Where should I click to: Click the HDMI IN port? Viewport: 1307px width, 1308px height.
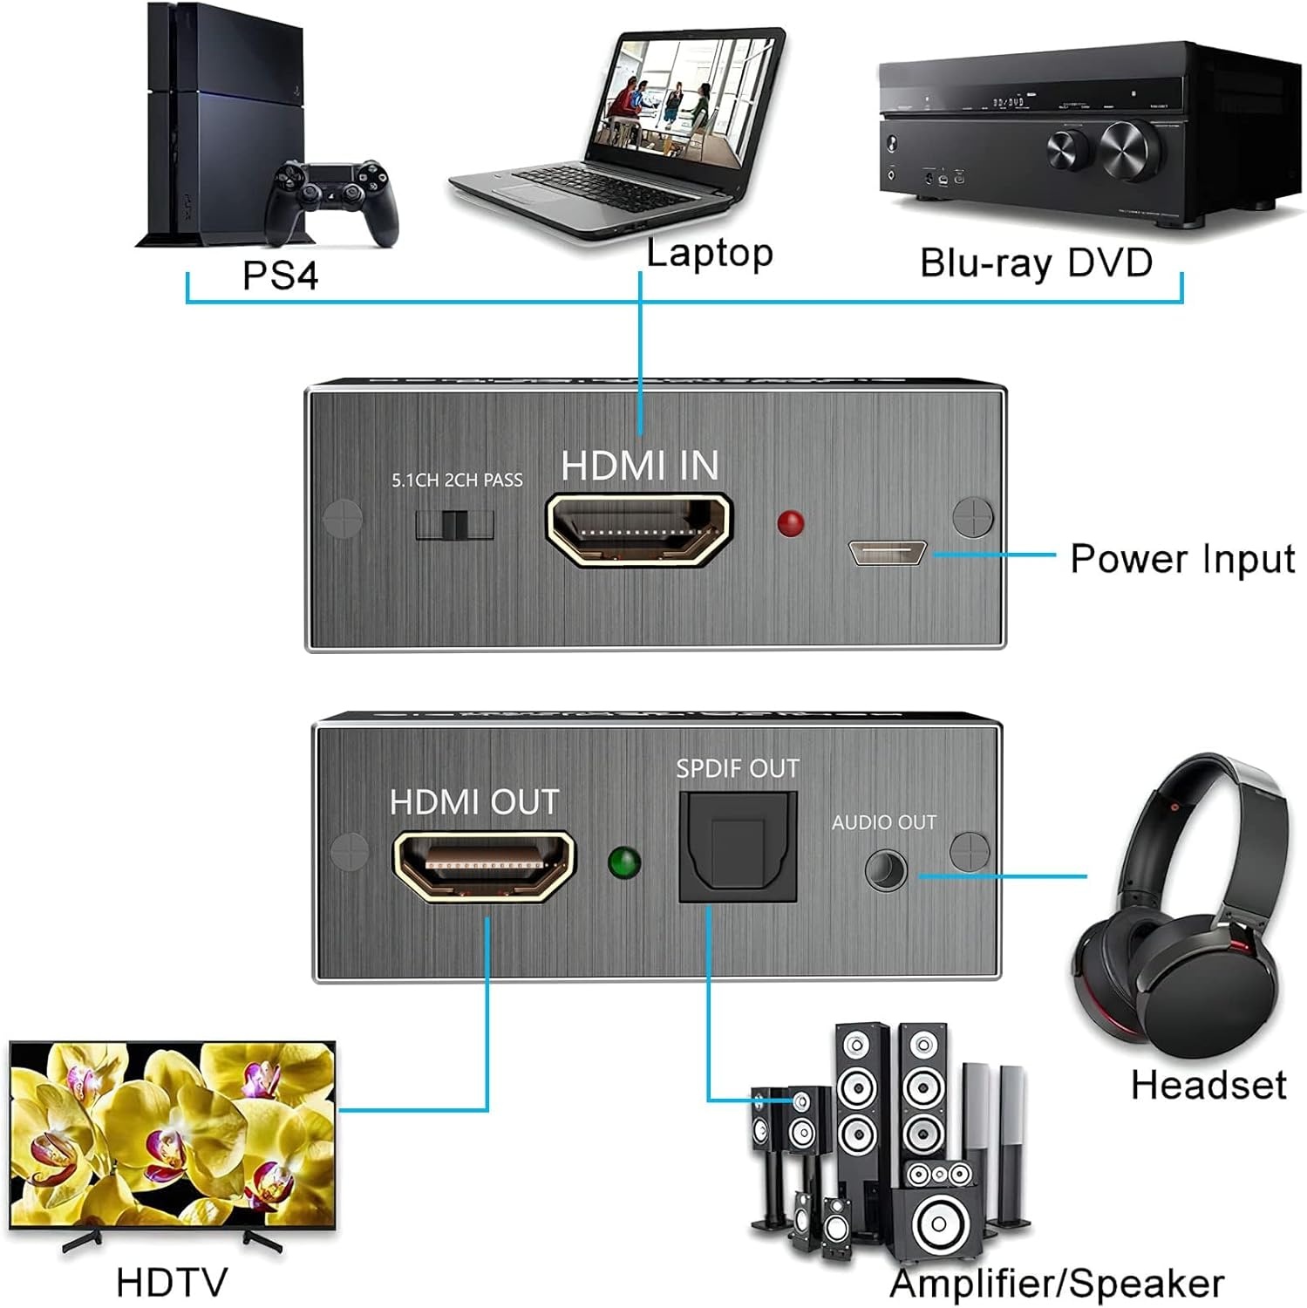pos(639,530)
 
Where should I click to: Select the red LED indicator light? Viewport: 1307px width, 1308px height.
pos(790,523)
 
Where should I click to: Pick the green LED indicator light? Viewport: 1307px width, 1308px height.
pos(624,863)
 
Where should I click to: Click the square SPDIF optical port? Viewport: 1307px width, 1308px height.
pos(738,847)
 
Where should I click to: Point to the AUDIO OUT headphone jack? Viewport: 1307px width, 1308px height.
pos(886,871)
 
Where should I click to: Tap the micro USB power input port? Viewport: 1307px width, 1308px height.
pos(887,553)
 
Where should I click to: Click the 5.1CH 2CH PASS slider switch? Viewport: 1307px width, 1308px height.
pos(454,525)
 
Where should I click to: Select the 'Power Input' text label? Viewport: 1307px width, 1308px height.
pos(1181,559)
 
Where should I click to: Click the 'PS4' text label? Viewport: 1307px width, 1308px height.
pos(280,276)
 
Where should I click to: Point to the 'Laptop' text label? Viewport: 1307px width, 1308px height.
pos(710,254)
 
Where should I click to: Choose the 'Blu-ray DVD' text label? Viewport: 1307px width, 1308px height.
pos(1036,262)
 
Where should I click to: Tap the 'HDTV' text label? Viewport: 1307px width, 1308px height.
pos(172,1282)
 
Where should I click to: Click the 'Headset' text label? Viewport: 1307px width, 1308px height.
pos(1208,1086)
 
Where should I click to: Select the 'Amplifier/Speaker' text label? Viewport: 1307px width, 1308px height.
pos(1057,1284)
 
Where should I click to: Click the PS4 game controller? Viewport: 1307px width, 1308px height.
pos(331,201)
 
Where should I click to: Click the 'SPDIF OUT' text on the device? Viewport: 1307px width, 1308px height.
pos(738,768)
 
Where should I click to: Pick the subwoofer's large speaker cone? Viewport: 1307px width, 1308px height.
pos(938,1223)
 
